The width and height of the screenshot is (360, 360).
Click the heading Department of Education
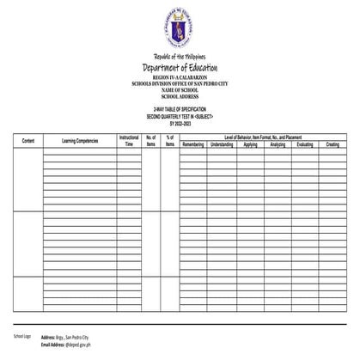point(180,68)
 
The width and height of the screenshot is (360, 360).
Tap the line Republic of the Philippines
point(180,58)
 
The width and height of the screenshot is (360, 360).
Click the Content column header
point(27,140)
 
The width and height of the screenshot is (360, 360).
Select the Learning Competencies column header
point(80,140)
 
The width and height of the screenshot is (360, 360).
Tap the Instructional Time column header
point(129,140)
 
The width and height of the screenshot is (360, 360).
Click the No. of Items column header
point(150,140)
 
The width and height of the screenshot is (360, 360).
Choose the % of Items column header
point(170,140)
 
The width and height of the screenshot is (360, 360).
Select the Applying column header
point(250,144)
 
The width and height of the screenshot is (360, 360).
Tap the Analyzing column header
point(277,144)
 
